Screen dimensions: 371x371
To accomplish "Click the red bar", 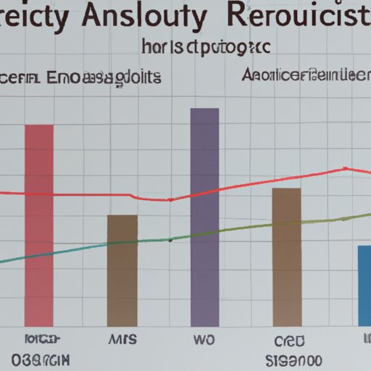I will point(39,225).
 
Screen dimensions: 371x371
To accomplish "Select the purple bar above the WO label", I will point(204,217).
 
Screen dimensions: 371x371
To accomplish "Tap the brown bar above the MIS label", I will point(122,270).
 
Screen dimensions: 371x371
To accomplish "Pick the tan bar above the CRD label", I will point(286,257).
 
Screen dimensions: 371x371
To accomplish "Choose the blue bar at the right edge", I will point(364,285).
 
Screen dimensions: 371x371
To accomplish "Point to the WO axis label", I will point(204,338).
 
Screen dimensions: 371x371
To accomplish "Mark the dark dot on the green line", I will point(170,239).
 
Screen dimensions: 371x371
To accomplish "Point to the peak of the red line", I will point(343,169).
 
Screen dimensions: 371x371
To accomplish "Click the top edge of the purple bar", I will point(204,109).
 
